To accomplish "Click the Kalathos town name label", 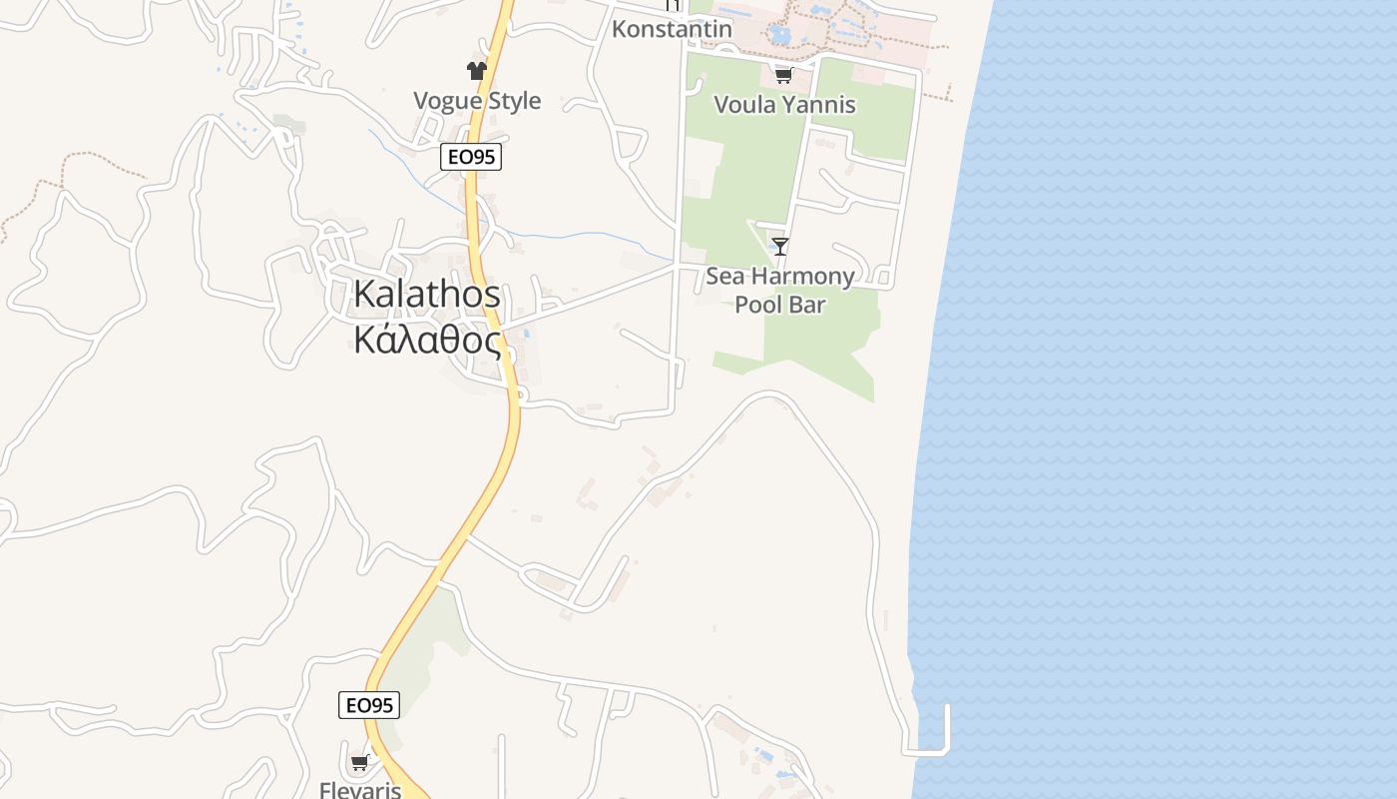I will (426, 295).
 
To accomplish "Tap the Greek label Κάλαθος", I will (426, 341).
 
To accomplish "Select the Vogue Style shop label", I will (477, 101).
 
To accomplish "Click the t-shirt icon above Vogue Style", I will (477, 70).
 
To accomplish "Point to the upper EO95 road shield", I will (470, 157).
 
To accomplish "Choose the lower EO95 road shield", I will (369, 705).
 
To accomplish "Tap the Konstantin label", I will (672, 29).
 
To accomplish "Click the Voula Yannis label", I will (784, 105).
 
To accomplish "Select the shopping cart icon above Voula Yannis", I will (783, 75).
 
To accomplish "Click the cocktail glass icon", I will (780, 246).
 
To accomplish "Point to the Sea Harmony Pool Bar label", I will (780, 290).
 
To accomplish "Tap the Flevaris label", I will (360, 790).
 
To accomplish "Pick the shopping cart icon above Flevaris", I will (360, 763).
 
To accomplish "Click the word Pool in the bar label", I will (755, 305).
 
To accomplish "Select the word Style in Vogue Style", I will (515, 101).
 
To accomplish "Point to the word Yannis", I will (820, 105).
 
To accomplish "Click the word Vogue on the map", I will (446, 101).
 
